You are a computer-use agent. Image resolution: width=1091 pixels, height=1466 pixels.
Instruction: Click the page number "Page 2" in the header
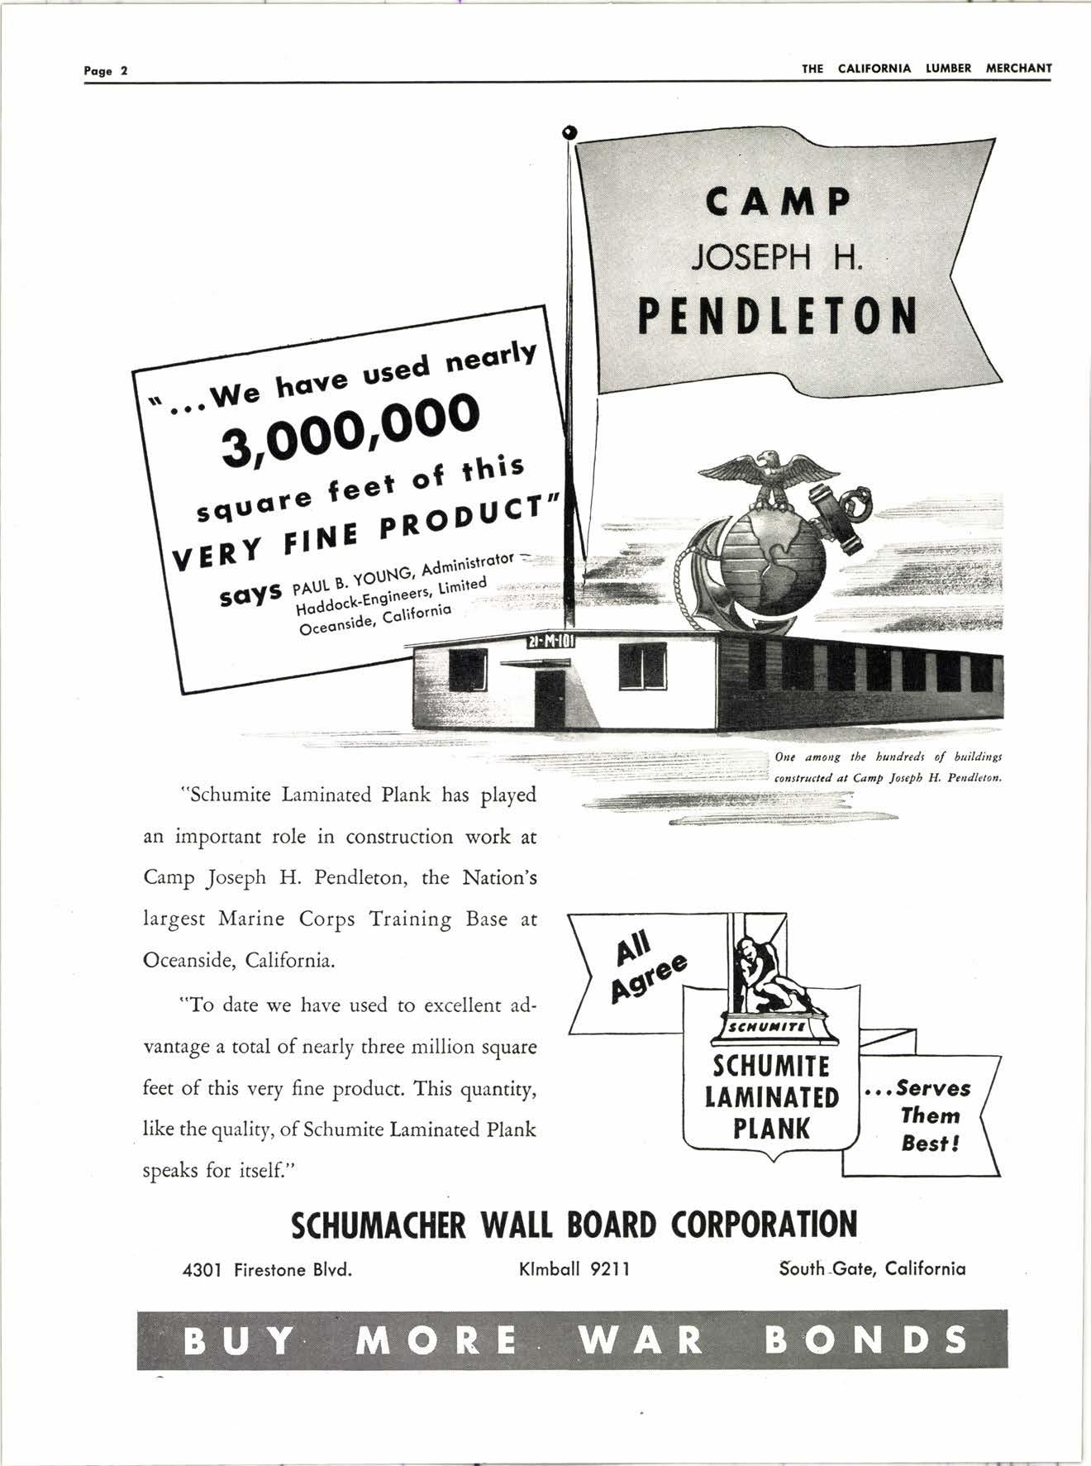[x=106, y=70]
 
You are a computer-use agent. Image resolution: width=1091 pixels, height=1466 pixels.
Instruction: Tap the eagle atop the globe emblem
[x=769, y=475]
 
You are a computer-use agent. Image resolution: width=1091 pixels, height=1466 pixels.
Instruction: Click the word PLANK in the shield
[x=772, y=1129]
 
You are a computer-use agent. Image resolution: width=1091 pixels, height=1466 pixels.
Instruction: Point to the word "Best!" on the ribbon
[x=930, y=1144]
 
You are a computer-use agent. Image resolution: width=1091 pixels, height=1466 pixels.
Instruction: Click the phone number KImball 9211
[x=574, y=1268]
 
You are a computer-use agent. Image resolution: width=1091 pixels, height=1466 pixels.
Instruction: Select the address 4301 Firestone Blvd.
[x=267, y=1269]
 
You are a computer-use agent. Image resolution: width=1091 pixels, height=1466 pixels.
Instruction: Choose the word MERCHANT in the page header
[x=1018, y=69]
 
